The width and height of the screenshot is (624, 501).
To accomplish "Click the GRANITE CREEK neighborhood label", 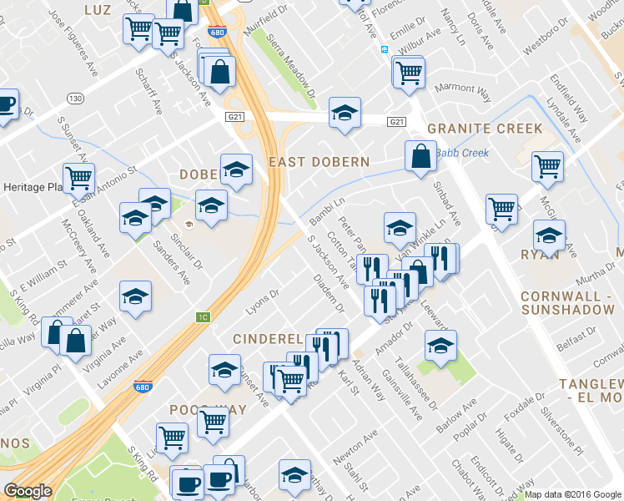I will [x=485, y=129].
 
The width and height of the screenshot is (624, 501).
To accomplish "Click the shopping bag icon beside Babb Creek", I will [x=421, y=156].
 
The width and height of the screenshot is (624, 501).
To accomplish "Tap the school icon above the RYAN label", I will [x=548, y=236].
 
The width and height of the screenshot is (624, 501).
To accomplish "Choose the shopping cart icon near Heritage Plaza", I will [x=78, y=177].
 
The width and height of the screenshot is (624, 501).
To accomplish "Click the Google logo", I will [x=28, y=491].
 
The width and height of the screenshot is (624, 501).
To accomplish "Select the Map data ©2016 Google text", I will [x=573, y=494].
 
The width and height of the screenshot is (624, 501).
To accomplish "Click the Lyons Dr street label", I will [x=262, y=303].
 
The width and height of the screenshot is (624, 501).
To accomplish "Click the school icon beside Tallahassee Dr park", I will [x=440, y=344].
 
